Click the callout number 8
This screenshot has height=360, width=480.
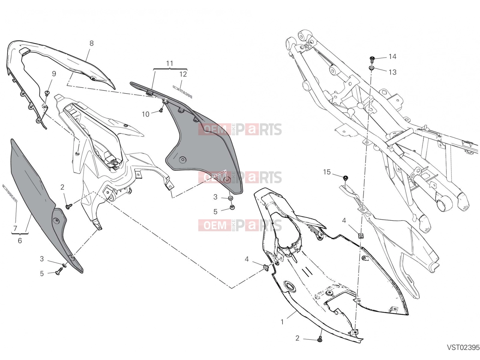tap(91, 43)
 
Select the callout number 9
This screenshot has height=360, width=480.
tap(54, 74)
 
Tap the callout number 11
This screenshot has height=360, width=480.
tap(170, 63)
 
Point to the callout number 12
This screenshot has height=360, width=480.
tap(183, 74)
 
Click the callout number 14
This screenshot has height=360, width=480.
tap(392, 57)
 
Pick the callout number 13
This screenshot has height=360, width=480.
tap(392, 72)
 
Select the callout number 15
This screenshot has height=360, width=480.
tap(327, 172)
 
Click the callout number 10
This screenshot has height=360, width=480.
tap(145, 114)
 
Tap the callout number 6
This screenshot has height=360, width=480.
tap(20, 241)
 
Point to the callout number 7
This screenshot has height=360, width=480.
tap(15, 228)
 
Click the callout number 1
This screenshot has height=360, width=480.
tap(282, 322)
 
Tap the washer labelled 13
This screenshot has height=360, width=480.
tap(371, 68)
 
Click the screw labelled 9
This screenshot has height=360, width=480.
tap(47, 93)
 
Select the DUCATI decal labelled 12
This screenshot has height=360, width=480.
tap(183, 92)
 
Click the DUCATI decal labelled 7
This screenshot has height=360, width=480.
tap(10, 193)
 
